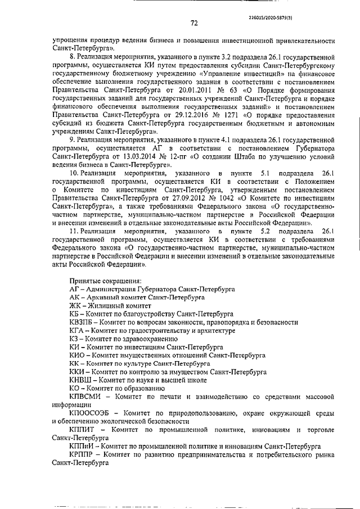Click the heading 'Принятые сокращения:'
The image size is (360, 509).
tap(105, 281)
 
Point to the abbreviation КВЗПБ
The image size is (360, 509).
tap(80, 323)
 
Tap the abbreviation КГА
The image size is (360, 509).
tap(75, 331)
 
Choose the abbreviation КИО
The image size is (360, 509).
tap(76, 356)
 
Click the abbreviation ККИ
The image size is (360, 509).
tap(76, 372)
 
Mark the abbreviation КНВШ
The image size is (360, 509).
tap(79, 380)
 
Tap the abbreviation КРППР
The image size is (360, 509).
tap(80, 454)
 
